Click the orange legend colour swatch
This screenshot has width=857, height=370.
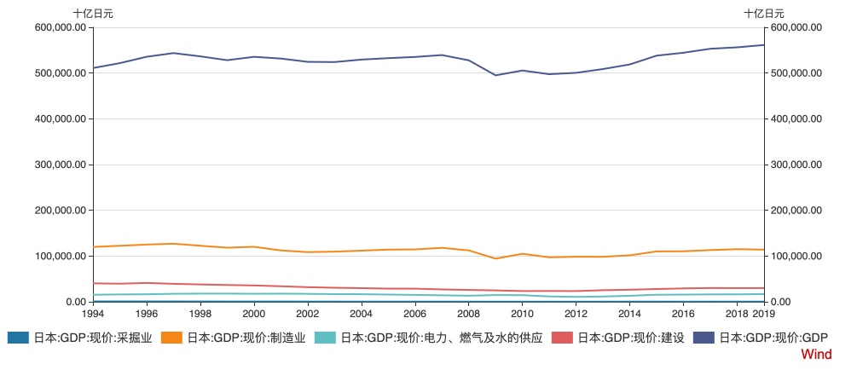171,338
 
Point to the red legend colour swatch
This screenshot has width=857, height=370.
563,338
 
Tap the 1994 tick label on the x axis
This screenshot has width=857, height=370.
93,314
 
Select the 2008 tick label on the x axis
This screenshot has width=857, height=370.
468,314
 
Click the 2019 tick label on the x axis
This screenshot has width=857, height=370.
762,314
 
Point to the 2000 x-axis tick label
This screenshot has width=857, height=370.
254,314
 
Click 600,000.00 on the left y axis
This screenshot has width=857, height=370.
60,27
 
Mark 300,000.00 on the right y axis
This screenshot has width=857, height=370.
795,165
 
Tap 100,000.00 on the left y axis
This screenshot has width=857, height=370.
60,256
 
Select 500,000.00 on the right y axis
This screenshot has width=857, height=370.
795,73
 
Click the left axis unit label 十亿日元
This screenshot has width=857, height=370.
92,13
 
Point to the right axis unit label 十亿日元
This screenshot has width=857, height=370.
764,13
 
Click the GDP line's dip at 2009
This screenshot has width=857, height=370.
495,75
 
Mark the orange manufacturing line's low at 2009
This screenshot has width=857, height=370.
495,258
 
